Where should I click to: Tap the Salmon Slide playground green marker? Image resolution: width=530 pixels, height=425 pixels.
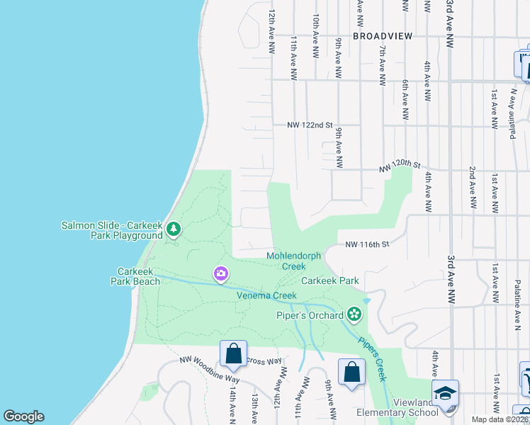174,229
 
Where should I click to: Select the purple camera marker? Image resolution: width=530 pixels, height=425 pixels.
221,273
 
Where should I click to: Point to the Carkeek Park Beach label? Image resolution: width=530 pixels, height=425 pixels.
139,276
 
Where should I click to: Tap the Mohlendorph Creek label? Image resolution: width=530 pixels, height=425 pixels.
294,261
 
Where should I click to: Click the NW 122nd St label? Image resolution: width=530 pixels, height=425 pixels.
310,125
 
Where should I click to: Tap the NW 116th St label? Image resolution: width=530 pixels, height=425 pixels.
368,244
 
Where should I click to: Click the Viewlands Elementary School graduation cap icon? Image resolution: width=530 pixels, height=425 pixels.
446,394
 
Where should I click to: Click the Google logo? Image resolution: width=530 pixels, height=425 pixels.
23,416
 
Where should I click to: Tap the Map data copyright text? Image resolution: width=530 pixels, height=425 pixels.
500,419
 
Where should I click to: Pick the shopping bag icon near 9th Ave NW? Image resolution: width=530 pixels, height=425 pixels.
351,371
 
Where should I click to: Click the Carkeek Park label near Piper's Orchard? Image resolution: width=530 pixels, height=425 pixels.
330,280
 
